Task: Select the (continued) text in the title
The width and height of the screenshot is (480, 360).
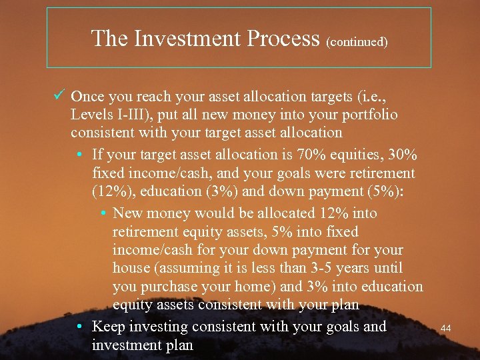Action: [357, 41]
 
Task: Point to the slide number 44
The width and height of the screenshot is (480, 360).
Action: [447, 328]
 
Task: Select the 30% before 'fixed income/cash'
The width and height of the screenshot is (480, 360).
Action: [405, 155]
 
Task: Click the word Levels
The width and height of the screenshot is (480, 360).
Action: [91, 115]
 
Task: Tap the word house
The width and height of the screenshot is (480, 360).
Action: [132, 268]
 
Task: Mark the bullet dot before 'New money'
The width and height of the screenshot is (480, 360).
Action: [104, 213]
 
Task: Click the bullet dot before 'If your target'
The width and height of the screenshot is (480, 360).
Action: [80, 155]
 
